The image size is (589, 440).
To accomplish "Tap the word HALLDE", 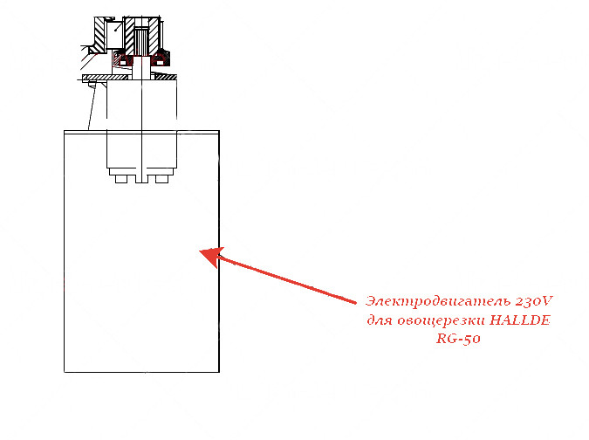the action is coord(520,320).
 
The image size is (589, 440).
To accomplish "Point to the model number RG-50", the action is coord(458,339).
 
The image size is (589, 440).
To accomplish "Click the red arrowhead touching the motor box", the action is coord(211,257).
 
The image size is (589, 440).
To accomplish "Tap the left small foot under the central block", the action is coord(121,179).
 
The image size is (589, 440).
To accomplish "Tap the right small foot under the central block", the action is coord(162,179).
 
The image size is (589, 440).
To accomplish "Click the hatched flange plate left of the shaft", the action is coord(106,78).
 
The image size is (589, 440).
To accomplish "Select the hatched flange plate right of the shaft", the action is coord(166,77).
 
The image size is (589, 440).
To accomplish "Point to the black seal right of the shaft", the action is coord(160,58).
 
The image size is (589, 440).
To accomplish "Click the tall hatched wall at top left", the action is coord(99,35).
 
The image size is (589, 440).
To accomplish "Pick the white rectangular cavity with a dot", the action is coord(114,34).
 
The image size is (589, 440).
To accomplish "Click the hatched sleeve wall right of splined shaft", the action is coord(154,37).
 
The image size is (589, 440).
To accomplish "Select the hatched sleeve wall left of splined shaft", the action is coord(129,37).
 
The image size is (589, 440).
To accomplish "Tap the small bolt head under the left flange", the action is coord(92,84).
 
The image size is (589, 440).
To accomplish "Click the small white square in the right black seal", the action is coord(160,63).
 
